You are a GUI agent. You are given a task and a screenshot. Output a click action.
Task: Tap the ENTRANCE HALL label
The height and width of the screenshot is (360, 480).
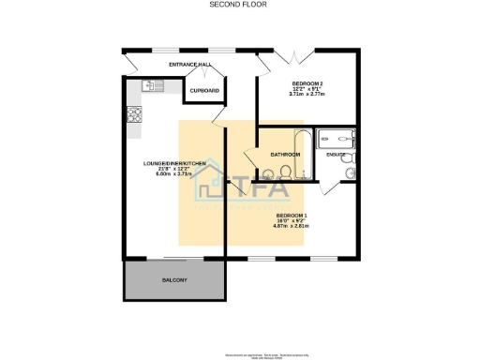coord(190,64)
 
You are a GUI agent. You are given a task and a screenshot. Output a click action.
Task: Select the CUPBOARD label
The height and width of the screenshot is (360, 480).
coord(205,91)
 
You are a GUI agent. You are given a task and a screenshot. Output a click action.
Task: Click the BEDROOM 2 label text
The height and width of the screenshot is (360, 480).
coord(307,82)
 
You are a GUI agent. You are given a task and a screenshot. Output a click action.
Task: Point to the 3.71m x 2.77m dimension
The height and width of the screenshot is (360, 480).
coord(307,95)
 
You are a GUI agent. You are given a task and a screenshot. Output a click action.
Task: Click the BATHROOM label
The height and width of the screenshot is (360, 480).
coord(285,154)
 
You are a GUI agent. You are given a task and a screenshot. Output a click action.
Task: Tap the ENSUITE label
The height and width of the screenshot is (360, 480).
coord(336,155)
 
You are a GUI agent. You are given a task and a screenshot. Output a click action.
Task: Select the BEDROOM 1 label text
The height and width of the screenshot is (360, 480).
coord(291,215)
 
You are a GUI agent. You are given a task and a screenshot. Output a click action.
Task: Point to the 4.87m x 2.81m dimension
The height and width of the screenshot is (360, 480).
coord(291,226)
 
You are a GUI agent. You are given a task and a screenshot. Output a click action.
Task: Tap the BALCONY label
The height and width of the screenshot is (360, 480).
coord(174,280)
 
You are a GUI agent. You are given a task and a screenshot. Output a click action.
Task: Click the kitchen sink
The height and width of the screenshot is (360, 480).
coord(152,86)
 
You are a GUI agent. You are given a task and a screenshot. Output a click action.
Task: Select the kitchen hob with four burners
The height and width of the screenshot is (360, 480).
coord(133,116)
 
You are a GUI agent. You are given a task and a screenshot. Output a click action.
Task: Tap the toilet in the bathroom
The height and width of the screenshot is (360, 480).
coord(268,172)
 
